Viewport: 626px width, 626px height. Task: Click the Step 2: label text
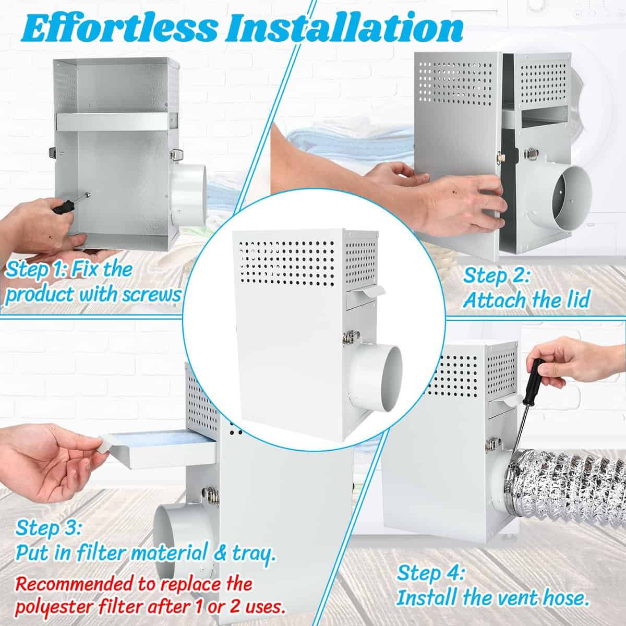click(x=497, y=276)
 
